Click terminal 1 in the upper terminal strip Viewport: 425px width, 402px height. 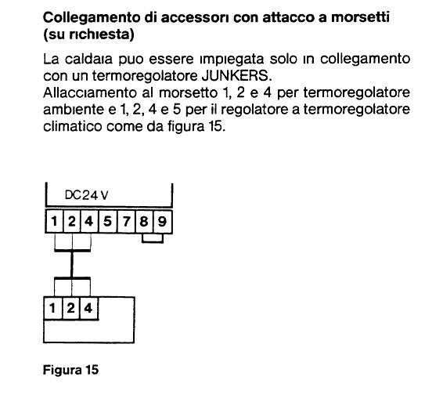[x=55, y=221]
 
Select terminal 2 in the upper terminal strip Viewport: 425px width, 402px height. [x=72, y=221]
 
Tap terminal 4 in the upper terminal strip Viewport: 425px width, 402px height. [x=89, y=221]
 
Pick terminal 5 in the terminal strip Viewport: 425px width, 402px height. [x=107, y=221]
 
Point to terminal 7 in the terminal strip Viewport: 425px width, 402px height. [x=126, y=221]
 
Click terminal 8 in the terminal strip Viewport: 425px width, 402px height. [x=144, y=221]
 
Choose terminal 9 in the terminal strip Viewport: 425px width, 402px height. [x=162, y=221]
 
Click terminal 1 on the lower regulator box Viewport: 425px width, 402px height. [x=53, y=308]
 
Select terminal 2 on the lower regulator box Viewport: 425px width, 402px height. [x=71, y=308]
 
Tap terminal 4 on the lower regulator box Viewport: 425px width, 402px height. [x=88, y=308]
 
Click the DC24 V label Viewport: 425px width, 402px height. [x=86, y=195]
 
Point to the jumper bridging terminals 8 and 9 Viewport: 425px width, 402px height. [x=153, y=242]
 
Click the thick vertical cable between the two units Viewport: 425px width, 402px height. [x=72, y=264]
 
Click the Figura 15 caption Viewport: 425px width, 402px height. [x=70, y=369]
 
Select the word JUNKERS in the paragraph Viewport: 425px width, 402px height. [x=236, y=76]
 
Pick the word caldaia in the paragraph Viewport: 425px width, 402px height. [x=88, y=59]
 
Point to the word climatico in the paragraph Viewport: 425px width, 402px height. [x=72, y=126]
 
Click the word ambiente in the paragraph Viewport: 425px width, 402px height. [x=74, y=110]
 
